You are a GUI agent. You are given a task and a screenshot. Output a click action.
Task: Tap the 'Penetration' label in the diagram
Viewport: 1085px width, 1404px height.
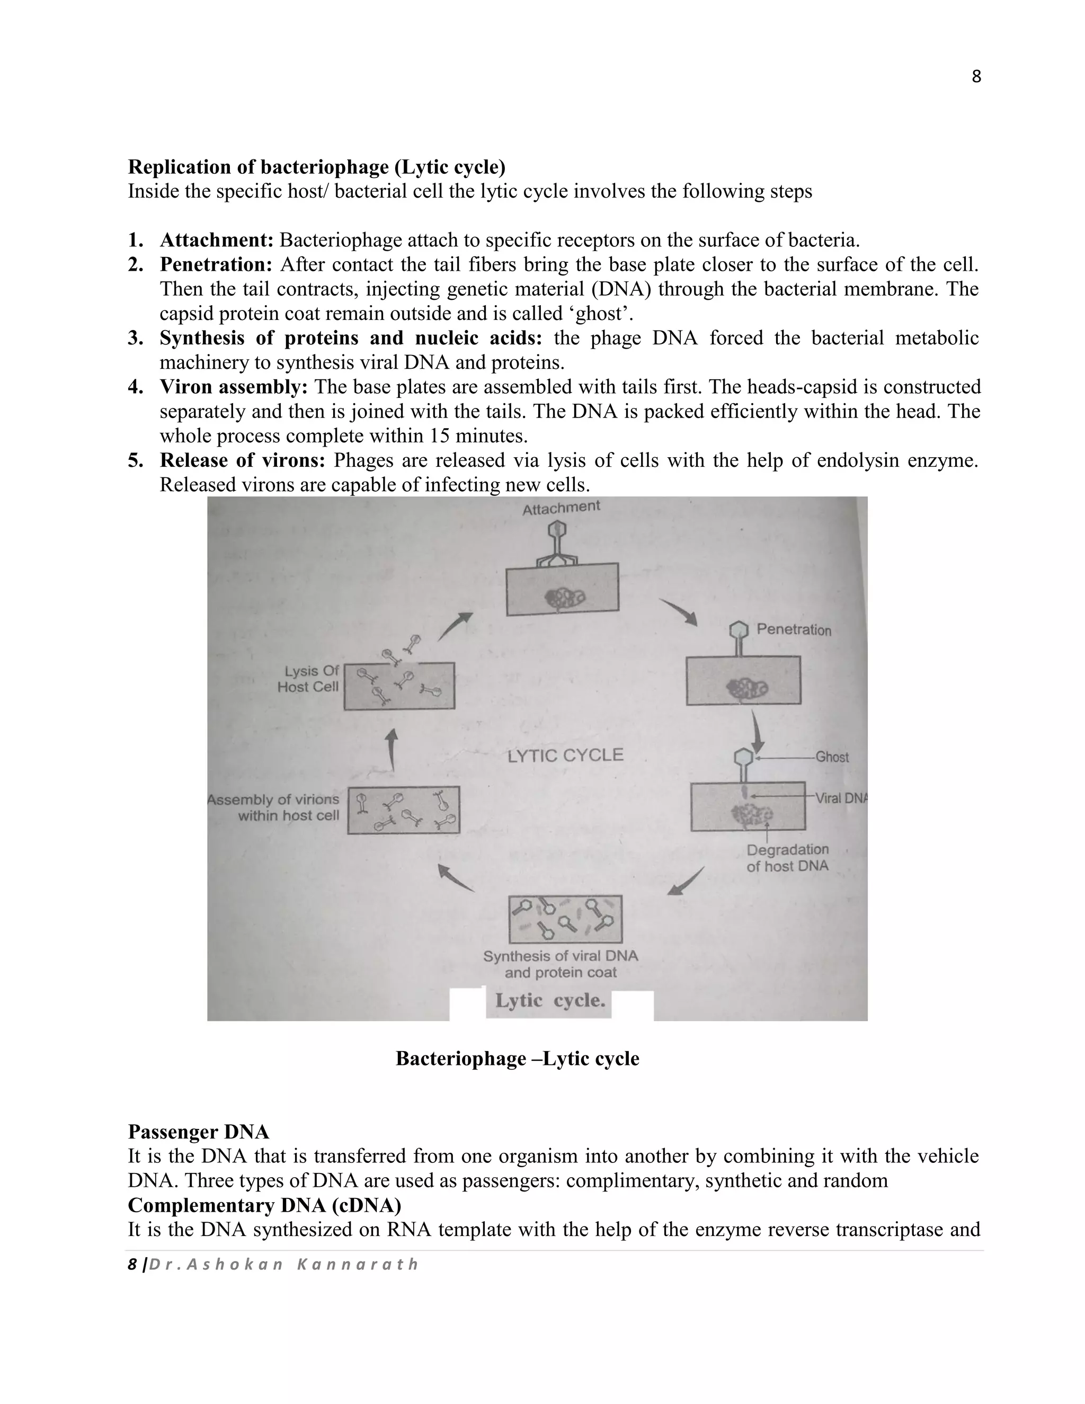793,629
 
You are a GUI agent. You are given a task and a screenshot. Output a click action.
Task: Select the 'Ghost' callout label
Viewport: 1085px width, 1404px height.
832,757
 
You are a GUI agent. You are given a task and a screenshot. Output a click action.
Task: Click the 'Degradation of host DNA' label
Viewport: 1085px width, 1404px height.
787,858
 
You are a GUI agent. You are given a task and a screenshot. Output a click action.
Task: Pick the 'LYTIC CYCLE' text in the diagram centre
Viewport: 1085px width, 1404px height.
565,756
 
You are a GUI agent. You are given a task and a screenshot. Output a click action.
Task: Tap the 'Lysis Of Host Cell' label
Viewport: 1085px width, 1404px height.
308,679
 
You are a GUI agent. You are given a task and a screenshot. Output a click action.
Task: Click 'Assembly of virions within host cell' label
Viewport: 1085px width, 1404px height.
274,807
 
